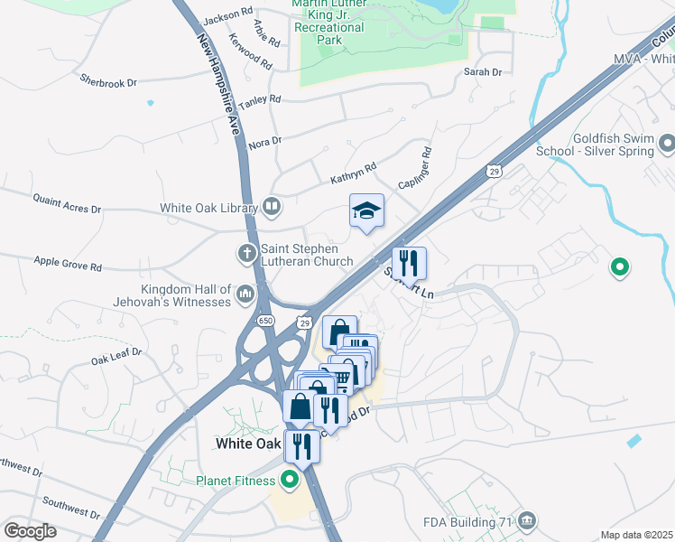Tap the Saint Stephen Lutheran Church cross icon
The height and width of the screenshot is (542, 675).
pyautogui.click(x=247, y=254)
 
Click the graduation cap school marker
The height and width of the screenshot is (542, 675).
pyautogui.click(x=366, y=211)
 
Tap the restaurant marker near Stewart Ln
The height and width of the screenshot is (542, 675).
pyautogui.click(x=409, y=264)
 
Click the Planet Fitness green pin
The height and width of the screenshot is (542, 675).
pyautogui.click(x=290, y=480)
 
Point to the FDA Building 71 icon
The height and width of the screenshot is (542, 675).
pyautogui.click(x=528, y=521)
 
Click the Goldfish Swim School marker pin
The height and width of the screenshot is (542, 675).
pyautogui.click(x=667, y=144)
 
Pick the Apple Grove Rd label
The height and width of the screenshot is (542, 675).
pyautogui.click(x=68, y=266)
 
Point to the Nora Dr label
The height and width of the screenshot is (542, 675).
pyautogui.click(x=264, y=142)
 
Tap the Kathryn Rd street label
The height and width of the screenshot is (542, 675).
pyautogui.click(x=353, y=173)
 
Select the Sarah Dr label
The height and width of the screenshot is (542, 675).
pyautogui.click(x=482, y=71)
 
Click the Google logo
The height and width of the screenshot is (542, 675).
pyautogui.click(x=30, y=531)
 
